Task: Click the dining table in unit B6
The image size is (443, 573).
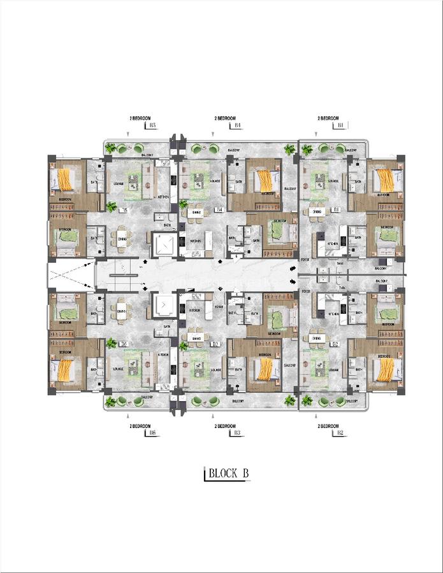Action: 120,310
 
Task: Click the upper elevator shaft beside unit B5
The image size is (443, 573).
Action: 164,246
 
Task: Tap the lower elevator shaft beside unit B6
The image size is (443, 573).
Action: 164,306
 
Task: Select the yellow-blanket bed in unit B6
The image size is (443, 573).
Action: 65,369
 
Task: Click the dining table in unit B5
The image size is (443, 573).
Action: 120,237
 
